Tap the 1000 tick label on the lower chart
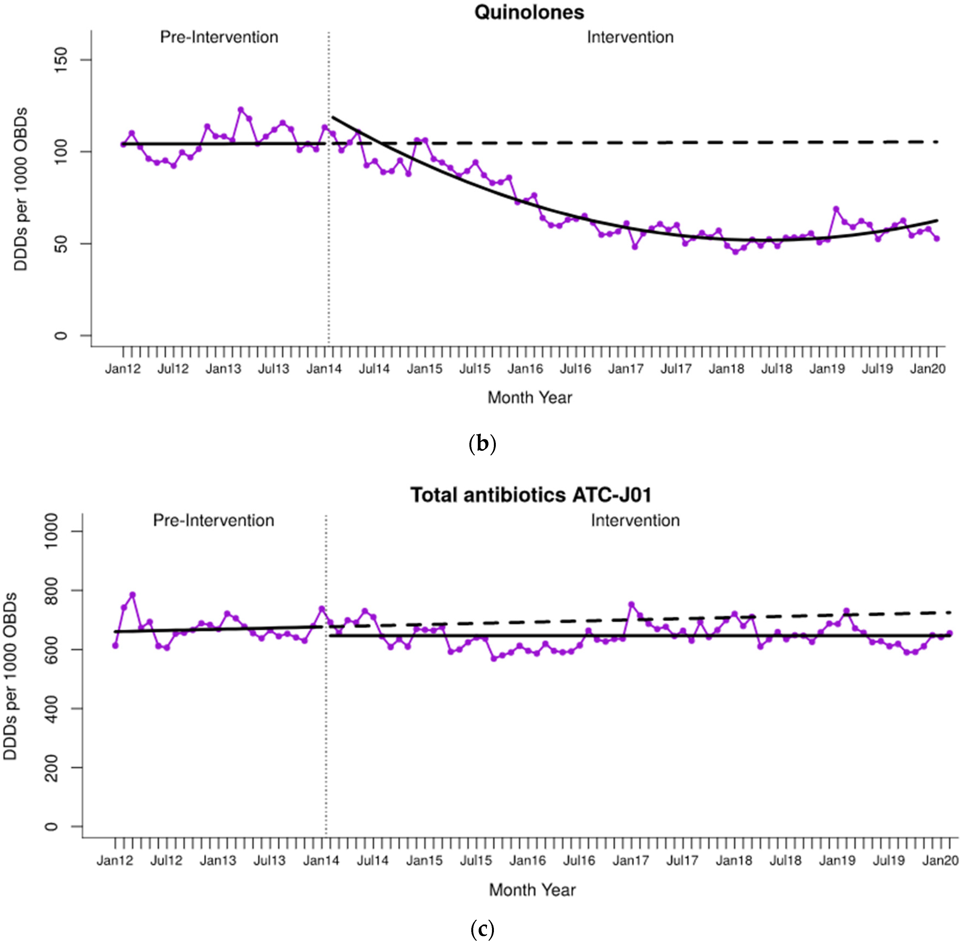51,531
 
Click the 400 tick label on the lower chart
51,708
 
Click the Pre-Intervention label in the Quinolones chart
219,37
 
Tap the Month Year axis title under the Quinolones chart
529,397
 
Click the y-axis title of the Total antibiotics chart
10,676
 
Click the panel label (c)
482,928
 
